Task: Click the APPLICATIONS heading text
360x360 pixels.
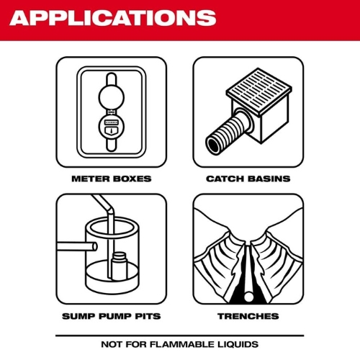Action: [x=113, y=18]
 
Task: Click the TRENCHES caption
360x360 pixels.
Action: [x=248, y=316]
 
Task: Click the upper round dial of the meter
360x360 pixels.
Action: [x=112, y=97]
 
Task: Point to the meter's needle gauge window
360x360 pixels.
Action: [x=112, y=131]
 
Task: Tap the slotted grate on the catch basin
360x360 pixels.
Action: [x=259, y=89]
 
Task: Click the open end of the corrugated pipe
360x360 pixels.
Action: [x=214, y=145]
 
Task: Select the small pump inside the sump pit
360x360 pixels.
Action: [x=119, y=266]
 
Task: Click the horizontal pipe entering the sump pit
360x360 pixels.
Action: [x=77, y=247]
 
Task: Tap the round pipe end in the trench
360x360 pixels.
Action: [x=248, y=297]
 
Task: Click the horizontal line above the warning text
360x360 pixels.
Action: [x=180, y=336]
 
